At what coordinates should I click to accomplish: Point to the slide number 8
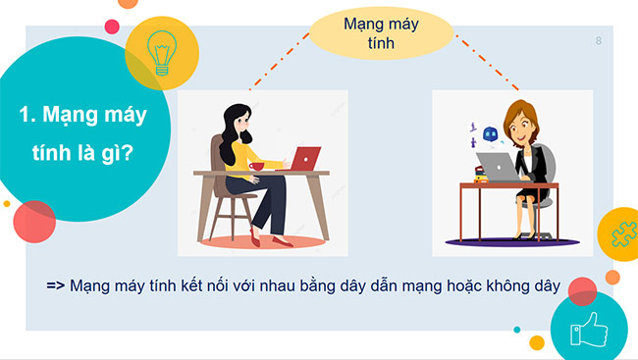pyautogui.click(x=598, y=40)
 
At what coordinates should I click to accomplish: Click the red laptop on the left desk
pyautogui.click(x=304, y=157)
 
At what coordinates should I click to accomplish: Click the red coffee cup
pyautogui.click(x=257, y=166)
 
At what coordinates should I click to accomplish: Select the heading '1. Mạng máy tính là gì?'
pyautogui.click(x=82, y=137)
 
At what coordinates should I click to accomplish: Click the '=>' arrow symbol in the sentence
pyautogui.click(x=56, y=286)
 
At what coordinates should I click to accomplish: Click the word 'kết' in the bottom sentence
pyautogui.click(x=184, y=286)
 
